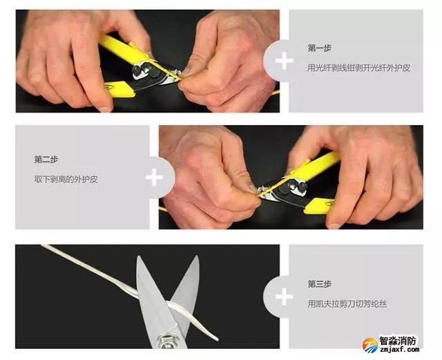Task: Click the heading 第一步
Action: click(x=319, y=48)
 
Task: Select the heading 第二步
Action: click(x=46, y=160)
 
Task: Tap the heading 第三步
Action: click(x=319, y=284)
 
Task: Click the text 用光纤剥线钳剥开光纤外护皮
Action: click(x=358, y=68)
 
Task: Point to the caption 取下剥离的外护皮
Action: click(x=66, y=180)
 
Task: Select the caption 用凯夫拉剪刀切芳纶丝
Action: click(x=347, y=304)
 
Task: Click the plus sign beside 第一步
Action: click(x=284, y=61)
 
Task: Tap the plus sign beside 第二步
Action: click(x=154, y=177)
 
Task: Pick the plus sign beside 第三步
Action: click(x=284, y=296)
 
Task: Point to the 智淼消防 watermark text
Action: click(x=398, y=341)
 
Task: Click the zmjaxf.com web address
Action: click(x=399, y=350)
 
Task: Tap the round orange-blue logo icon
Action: click(x=370, y=345)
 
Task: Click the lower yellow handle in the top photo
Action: click(x=120, y=89)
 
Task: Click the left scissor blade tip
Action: click(x=139, y=257)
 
